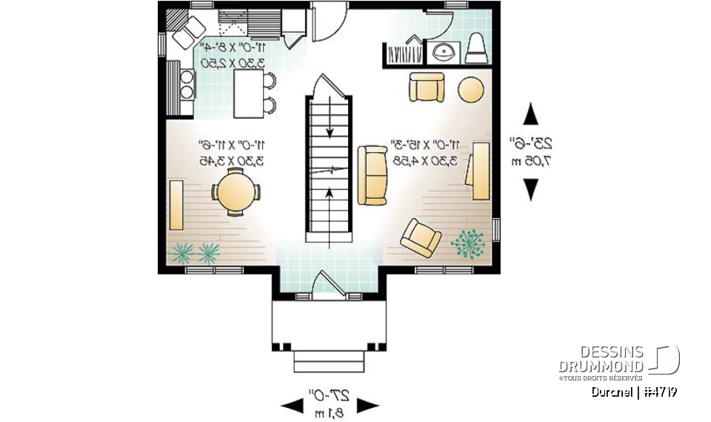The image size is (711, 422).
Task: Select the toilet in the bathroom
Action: pyautogui.click(x=476, y=49)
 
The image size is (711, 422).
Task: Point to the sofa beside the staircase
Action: pyautogui.click(x=372, y=175)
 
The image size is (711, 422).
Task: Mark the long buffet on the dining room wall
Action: pyautogui.click(x=176, y=205)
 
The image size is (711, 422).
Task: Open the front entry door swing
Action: pyautogui.click(x=326, y=286)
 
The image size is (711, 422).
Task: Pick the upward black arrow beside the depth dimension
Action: pyautogui.click(x=530, y=115)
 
